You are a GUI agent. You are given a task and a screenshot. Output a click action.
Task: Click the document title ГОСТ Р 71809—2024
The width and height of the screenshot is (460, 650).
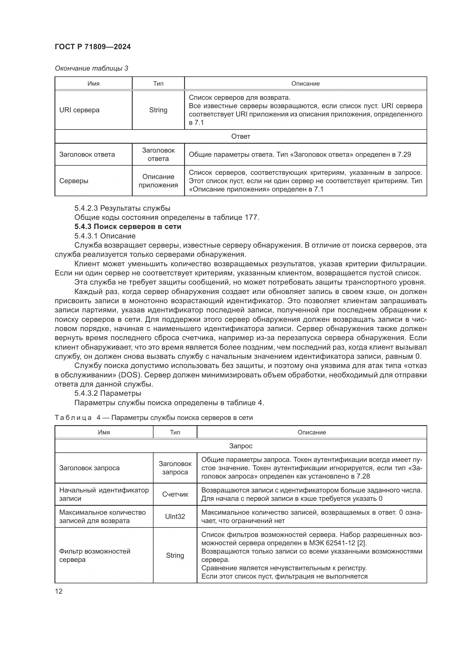click(93, 47)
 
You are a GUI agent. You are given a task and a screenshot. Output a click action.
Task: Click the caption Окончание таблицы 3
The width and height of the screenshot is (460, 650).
click(91, 68)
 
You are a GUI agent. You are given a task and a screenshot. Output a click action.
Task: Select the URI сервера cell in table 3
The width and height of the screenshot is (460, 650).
click(79, 110)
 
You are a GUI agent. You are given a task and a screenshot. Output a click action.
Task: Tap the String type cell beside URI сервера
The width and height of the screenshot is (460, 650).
click(158, 110)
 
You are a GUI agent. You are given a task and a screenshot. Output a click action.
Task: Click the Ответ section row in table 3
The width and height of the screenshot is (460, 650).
click(241, 136)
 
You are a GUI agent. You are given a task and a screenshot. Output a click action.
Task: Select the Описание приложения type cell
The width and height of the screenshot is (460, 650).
click(158, 181)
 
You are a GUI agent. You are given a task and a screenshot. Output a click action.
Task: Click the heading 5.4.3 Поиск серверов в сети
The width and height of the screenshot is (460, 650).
click(128, 226)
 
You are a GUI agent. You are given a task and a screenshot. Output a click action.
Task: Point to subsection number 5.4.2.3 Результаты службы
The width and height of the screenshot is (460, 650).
click(122, 208)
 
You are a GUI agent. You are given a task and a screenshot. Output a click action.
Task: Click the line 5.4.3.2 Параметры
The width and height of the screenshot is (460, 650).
click(108, 393)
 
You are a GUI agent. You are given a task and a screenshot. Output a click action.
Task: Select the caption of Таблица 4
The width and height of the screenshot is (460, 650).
click(154, 418)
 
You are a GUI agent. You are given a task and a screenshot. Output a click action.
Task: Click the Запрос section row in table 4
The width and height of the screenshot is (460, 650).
click(241, 446)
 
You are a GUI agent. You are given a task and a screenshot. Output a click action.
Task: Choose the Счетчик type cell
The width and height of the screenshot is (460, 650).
click(175, 494)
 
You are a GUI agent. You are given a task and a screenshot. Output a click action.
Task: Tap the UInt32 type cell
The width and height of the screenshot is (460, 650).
click(175, 516)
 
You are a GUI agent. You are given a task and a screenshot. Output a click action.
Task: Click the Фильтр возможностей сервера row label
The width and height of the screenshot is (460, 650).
click(95, 556)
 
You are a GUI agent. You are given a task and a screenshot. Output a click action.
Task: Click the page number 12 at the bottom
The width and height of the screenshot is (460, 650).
click(59, 591)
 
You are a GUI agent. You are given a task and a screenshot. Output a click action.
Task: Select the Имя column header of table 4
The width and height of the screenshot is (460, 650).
click(104, 432)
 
